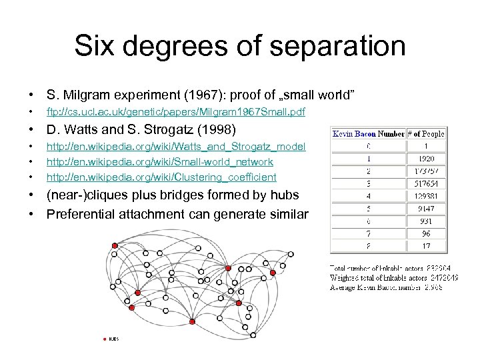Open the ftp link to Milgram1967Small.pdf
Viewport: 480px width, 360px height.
(x=175, y=111)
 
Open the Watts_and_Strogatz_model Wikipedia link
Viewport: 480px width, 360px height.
(x=175, y=147)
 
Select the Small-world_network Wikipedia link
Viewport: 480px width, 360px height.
(x=159, y=162)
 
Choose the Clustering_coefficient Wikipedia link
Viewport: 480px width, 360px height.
(x=161, y=177)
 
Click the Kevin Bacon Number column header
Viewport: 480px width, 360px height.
(x=368, y=134)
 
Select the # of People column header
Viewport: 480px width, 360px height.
(x=427, y=134)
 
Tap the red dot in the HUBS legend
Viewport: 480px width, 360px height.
(x=105, y=339)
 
